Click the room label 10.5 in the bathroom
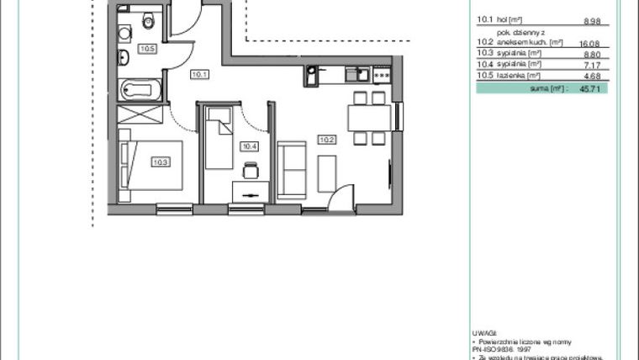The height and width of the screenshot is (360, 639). [147, 49]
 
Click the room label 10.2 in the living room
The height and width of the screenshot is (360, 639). [325, 138]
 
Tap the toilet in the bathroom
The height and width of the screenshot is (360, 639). [149, 21]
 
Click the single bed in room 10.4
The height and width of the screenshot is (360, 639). [219, 126]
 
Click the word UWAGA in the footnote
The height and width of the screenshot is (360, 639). [485, 333]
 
